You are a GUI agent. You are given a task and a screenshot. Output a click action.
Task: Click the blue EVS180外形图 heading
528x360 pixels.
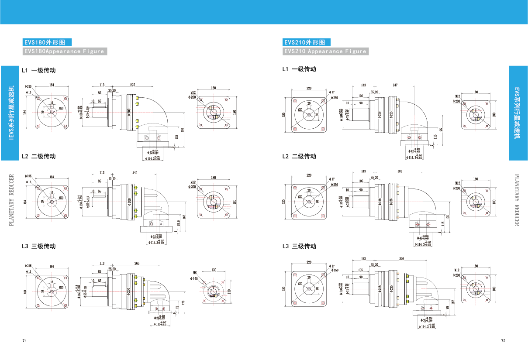47,42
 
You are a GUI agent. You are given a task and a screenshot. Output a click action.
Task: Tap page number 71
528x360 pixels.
24,340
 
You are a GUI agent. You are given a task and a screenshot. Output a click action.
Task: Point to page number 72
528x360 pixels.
503,340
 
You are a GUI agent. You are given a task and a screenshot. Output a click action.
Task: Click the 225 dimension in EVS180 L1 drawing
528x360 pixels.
132,85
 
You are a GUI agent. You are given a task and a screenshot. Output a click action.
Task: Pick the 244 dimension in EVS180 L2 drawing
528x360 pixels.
135,173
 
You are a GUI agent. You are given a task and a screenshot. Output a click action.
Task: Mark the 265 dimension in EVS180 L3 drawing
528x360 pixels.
137,264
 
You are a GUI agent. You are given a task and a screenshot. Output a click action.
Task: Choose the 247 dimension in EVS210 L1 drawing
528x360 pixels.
395,85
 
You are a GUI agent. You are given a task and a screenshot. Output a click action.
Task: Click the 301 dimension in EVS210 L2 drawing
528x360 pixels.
400,171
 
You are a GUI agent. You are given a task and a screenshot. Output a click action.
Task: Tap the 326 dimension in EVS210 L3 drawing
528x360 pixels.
401,259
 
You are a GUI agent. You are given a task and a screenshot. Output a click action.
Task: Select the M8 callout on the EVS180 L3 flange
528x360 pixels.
195,273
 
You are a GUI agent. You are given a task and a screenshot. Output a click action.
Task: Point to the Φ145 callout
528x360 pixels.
194,278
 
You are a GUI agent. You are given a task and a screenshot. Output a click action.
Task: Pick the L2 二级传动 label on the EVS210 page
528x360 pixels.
299,156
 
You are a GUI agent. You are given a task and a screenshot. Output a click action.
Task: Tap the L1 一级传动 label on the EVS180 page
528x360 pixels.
39,70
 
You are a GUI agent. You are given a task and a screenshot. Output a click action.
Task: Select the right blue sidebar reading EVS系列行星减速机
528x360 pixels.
518,113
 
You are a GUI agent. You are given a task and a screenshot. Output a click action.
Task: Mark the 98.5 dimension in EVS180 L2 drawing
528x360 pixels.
179,223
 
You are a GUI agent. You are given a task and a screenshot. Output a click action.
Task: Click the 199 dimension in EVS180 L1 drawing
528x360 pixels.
183,130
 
